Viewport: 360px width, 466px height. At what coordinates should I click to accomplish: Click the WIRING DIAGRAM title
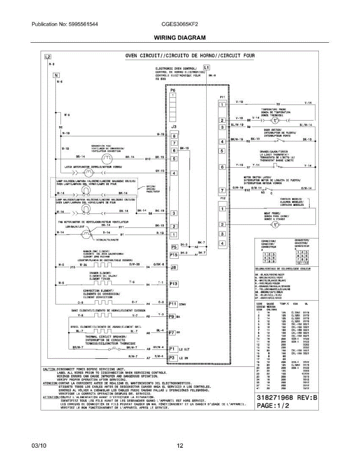pyautogui.click(x=180, y=38)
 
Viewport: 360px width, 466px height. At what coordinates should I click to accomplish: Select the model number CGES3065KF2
pyautogui.click(x=180, y=24)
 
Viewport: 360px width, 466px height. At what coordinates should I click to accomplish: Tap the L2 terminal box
pyautogui.click(x=47, y=57)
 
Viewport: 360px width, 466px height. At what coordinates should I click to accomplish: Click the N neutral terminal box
pyautogui.click(x=57, y=75)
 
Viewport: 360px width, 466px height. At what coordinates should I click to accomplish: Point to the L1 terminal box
pyautogui.click(x=206, y=67)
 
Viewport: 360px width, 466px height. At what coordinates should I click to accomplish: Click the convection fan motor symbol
pyautogui.click(x=106, y=158)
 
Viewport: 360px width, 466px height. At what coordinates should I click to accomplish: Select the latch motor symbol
pyautogui.click(x=89, y=171)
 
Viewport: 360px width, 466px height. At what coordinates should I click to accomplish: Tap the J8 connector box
pyautogui.click(x=174, y=267)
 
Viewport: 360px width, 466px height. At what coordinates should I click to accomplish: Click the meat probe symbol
pyautogui.click(x=275, y=225)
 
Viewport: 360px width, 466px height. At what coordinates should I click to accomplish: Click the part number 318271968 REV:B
pyautogui.click(x=287, y=398)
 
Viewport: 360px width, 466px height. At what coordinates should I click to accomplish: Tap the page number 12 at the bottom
pyautogui.click(x=180, y=446)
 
